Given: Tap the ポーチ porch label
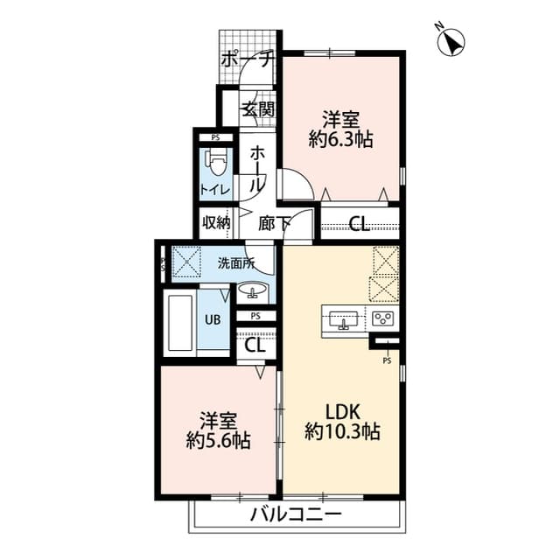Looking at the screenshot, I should (248, 60).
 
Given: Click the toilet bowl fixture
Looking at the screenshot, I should (216, 163).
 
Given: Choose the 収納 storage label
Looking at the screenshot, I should (215, 223).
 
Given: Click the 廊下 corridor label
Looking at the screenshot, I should (275, 223).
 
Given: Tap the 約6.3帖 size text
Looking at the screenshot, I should (340, 139).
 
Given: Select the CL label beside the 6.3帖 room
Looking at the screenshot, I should (360, 224).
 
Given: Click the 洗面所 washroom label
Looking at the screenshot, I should (236, 262).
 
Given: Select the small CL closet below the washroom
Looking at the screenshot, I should (255, 345).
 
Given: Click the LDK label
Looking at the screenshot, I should (341, 411).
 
